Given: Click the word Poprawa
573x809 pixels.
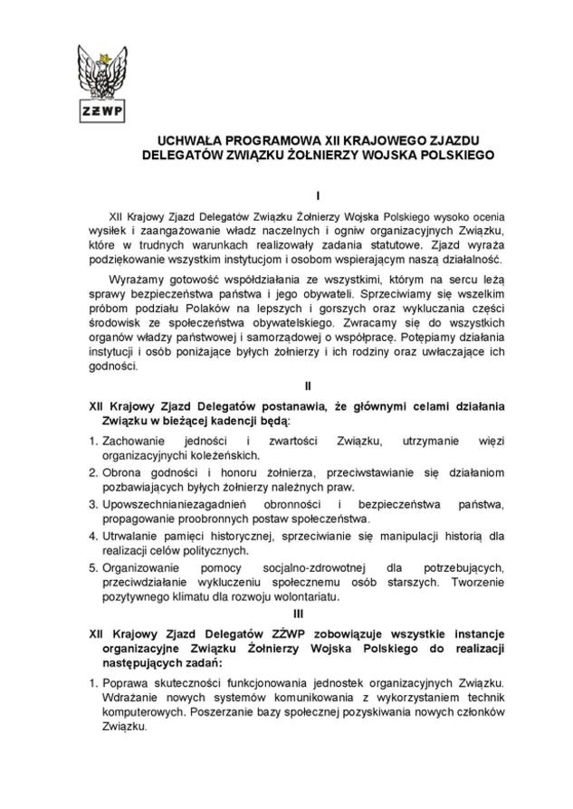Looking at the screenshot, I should point(125,681).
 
